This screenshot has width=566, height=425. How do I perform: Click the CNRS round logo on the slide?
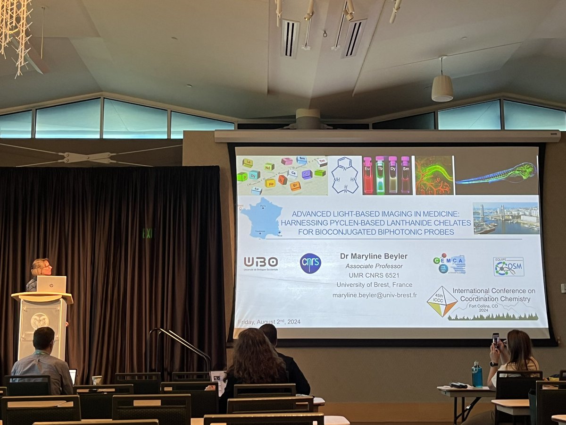[x=310, y=263]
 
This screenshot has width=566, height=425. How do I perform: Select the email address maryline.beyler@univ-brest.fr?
[x=375, y=295]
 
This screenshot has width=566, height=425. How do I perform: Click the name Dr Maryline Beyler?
[x=374, y=256]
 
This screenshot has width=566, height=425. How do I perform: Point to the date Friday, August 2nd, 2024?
[x=269, y=322]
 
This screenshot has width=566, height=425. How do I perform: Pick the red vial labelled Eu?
[x=368, y=176]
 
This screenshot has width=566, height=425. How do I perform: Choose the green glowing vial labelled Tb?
[x=380, y=176]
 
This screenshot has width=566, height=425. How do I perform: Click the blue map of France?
[x=261, y=218]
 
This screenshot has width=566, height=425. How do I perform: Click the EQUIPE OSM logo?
[x=508, y=266]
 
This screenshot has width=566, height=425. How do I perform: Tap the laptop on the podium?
[x=51, y=284]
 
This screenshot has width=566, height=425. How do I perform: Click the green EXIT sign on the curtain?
[x=148, y=233]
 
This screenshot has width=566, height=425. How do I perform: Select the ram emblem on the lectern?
[x=40, y=321]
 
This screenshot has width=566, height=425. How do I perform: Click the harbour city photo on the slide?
[x=506, y=218]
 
